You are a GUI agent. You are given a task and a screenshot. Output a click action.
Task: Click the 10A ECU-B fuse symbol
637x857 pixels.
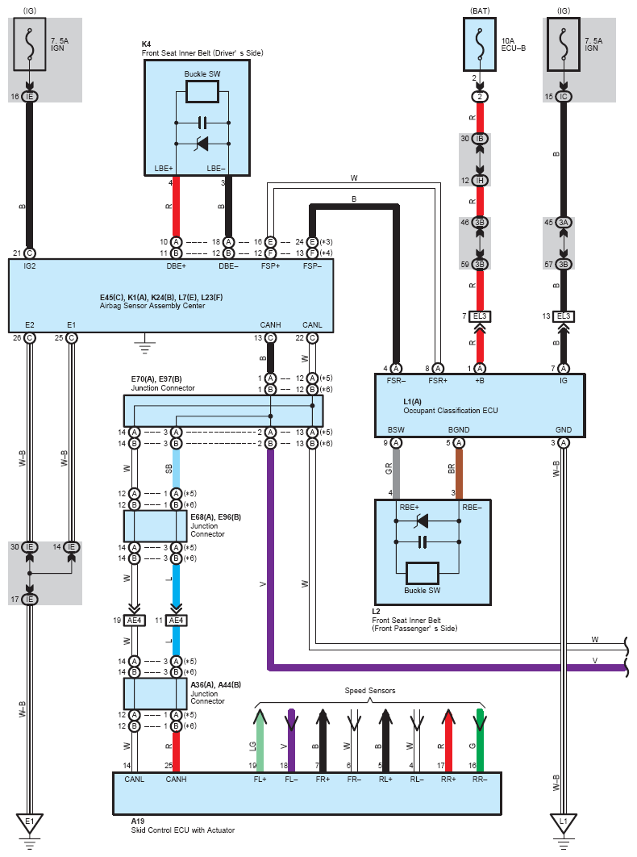click(x=480, y=44)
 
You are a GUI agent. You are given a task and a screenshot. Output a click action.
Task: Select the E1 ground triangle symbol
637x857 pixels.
click(x=30, y=823)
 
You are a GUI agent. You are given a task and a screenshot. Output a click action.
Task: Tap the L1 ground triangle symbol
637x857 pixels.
click(x=564, y=823)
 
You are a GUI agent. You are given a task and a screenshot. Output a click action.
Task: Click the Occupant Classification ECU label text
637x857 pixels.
click(x=451, y=411)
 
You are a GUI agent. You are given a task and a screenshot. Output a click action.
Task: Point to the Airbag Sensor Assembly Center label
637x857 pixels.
click(x=152, y=306)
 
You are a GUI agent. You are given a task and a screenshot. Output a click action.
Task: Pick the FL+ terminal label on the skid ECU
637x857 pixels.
click(x=260, y=779)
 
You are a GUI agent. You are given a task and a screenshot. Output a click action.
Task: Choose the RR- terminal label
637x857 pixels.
click(x=480, y=779)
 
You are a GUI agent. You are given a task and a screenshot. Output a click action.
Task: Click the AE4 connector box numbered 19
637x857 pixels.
click(x=135, y=621)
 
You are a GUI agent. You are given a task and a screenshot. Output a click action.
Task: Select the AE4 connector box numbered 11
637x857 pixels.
click(x=176, y=621)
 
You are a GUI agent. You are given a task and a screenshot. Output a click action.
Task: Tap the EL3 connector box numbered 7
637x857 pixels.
click(x=480, y=316)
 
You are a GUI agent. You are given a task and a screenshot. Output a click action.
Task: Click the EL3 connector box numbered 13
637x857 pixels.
click(x=564, y=316)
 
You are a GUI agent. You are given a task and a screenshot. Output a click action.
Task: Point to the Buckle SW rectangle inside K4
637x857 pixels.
click(x=202, y=92)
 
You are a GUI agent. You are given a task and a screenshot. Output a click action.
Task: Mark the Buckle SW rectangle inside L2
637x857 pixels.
click(x=423, y=573)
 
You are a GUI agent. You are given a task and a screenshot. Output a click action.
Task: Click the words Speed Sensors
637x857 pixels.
click(x=370, y=691)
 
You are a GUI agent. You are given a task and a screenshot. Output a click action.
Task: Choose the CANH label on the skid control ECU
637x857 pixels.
click(x=176, y=779)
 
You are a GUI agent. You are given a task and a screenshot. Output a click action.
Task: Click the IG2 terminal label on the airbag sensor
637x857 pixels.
click(x=30, y=266)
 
